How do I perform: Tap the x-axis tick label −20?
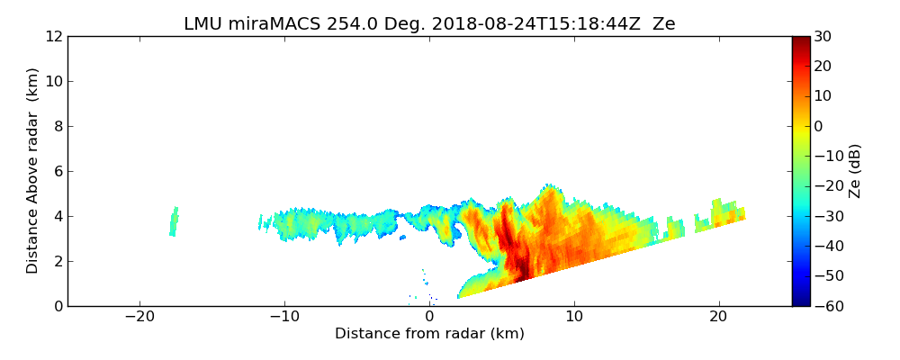click(139, 317)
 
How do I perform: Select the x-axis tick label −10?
click(284, 317)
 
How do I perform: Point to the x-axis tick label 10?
click(574, 317)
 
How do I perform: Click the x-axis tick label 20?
click(718, 317)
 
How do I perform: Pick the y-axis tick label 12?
click(53, 37)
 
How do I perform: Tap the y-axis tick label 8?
click(57, 127)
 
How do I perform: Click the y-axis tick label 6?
click(57, 172)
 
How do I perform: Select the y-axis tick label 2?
click(57, 262)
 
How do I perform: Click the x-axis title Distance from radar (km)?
click(429, 334)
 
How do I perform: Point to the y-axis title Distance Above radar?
click(33, 171)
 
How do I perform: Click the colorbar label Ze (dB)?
click(856, 171)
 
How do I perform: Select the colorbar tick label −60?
click(826, 306)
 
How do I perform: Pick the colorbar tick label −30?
click(826, 216)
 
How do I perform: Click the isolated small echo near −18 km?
click(174, 221)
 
